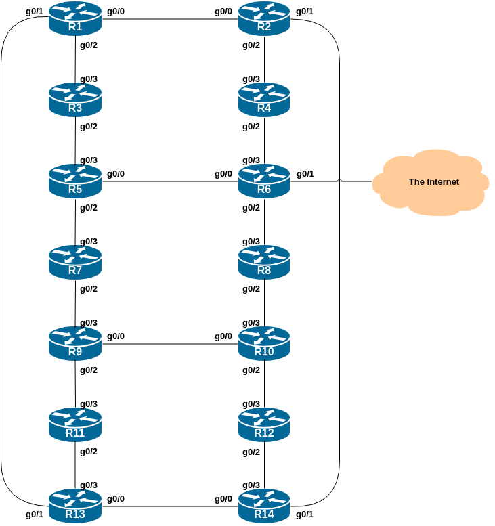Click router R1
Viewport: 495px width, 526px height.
pyautogui.click(x=74, y=19)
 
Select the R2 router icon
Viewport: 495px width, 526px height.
pyautogui.click(x=264, y=19)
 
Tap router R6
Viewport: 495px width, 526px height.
pyautogui.click(x=264, y=181)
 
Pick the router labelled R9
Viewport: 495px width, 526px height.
pyautogui.click(x=74, y=344)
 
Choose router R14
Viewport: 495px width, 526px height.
pyautogui.click(x=264, y=506)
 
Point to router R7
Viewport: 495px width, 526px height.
pyautogui.click(x=74, y=263)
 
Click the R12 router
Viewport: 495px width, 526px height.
pyautogui.click(x=264, y=425)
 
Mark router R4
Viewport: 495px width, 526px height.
pyautogui.click(x=264, y=100)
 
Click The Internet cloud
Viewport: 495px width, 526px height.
pyautogui.click(x=432, y=182)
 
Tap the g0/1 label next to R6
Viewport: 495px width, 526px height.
pyautogui.click(x=305, y=174)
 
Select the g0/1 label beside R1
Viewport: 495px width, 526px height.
pyautogui.click(x=35, y=12)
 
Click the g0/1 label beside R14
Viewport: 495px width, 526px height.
pyautogui.click(x=305, y=514)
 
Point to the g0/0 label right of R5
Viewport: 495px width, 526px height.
pyautogui.click(x=116, y=174)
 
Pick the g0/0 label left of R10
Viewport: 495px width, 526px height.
pyautogui.click(x=223, y=336)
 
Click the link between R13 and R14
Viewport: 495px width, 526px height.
pyautogui.click(x=169, y=506)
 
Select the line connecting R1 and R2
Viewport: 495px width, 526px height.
pyautogui.click(x=169, y=19)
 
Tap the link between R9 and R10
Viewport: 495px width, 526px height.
pyautogui.click(x=169, y=344)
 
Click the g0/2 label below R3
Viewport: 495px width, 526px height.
pyautogui.click(x=89, y=127)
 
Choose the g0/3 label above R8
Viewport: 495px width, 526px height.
pyautogui.click(x=251, y=242)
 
